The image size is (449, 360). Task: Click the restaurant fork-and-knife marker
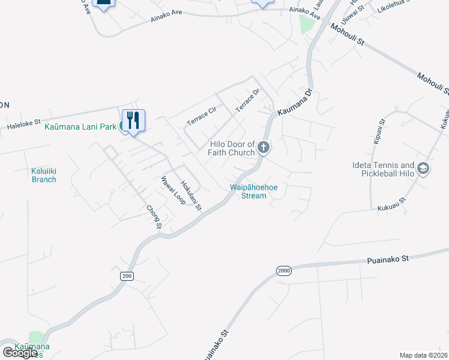coord(133,120)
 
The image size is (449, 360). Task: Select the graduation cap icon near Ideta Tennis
coord(423,169)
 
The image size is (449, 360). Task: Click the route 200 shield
coord(126,275)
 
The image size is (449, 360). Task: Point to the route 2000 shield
coord(285,271)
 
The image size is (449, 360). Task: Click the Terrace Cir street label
coord(201,116)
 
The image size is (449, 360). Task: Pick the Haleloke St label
coord(23,125)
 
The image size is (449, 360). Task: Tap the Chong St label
coord(154,217)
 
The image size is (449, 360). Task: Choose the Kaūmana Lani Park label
coord(80,127)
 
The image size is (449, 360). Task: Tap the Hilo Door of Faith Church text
coord(232,148)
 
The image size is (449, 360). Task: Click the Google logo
coord(20,353)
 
